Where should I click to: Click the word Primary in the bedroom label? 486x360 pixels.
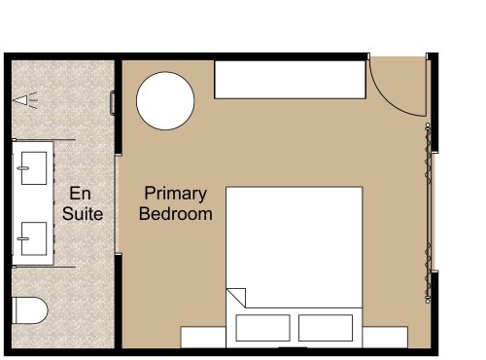tap(174, 193)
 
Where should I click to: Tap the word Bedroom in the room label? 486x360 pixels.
tap(175, 213)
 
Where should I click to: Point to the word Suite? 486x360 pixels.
tap(83, 213)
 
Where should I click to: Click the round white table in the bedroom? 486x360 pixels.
tap(164, 100)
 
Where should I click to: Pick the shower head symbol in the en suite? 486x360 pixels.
tap(26, 98)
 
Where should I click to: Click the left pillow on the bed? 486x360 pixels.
tap(262, 326)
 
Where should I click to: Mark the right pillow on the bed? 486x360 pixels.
tap(326, 326)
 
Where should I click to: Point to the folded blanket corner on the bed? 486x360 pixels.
tap(236, 297)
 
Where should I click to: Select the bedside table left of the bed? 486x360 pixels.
tap(203, 336)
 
